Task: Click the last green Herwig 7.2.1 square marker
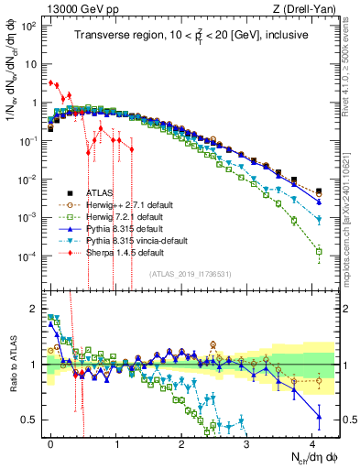(x=319, y=251)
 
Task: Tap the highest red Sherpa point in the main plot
(x=50, y=82)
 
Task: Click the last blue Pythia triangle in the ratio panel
(x=319, y=417)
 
